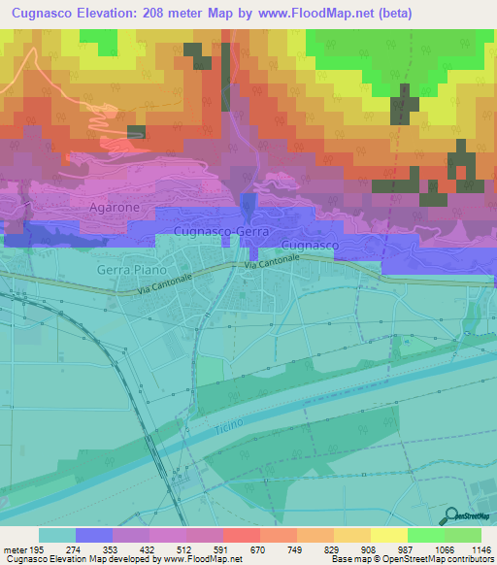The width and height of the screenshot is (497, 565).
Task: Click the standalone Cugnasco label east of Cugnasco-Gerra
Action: click(x=310, y=246)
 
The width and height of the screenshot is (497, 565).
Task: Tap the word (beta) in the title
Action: click(x=391, y=14)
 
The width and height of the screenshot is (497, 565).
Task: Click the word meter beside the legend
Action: click(x=15, y=549)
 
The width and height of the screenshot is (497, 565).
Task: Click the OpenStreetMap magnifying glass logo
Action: click(x=452, y=515)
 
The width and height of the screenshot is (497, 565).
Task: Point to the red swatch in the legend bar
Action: click(x=241, y=535)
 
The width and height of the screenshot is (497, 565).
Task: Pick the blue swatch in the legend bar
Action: click(x=94, y=535)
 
